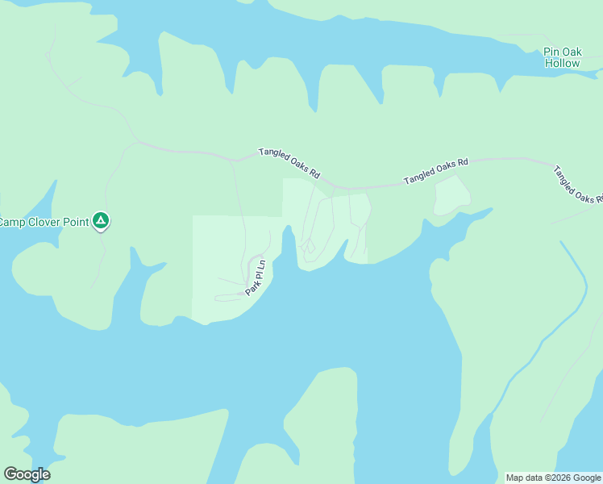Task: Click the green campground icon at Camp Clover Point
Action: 100,219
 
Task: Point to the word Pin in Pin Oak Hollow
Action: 551,52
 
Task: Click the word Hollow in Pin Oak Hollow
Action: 561,63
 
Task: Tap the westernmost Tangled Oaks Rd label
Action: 289,163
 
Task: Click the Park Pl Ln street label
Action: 256,277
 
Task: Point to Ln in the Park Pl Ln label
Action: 261,264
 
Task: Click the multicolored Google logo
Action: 27,474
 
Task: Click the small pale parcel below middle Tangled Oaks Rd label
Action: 451,195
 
